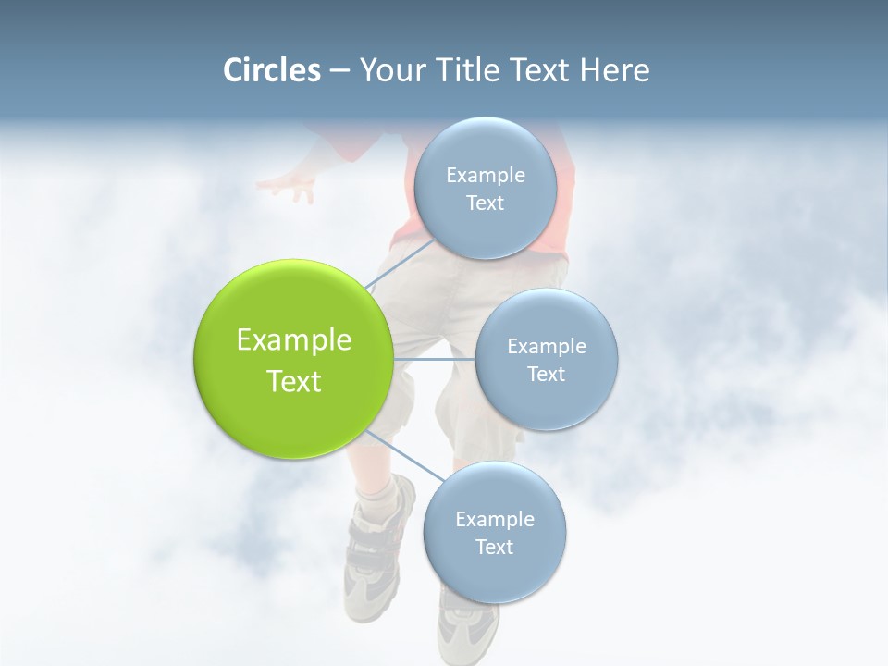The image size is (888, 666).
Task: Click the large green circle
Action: [294, 359]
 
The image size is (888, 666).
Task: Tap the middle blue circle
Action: [546, 359]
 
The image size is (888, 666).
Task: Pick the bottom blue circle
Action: [494, 532]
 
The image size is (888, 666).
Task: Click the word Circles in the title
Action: [271, 70]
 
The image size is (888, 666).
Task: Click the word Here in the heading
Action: [615, 70]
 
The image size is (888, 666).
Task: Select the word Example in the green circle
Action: [294, 340]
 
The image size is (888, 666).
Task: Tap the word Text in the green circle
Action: [294, 381]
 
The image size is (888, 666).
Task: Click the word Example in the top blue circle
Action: [485, 175]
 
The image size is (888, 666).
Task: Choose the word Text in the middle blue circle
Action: [546, 374]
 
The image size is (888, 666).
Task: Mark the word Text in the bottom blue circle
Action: [494, 547]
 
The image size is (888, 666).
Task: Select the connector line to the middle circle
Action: [435, 358]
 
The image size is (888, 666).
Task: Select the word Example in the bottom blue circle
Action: [494, 519]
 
